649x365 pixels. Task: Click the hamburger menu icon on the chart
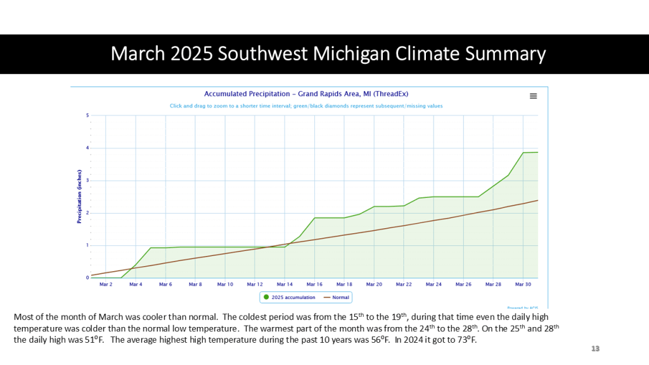(533, 96)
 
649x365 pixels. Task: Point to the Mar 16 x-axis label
(315, 285)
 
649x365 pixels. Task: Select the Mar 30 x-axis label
(523, 285)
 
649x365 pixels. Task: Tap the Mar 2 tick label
(106, 285)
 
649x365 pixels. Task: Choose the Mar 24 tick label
(434, 285)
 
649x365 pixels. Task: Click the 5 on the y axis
(87, 115)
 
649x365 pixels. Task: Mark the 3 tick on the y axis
(87, 181)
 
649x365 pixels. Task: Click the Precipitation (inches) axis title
(79, 196)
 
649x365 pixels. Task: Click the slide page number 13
(595, 349)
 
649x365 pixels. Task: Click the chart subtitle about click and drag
(306, 106)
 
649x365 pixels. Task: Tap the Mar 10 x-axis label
(226, 285)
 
